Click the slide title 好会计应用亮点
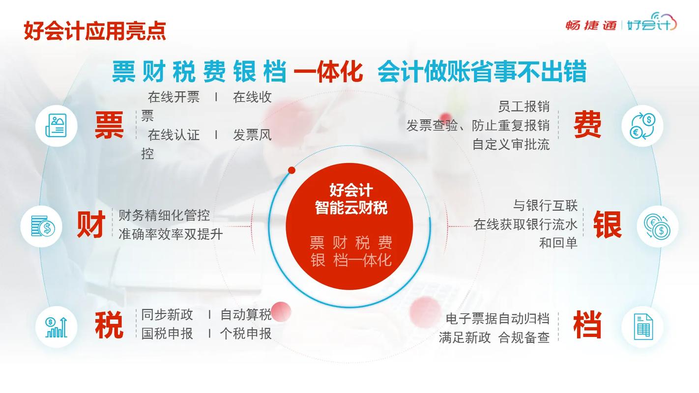click(94, 31)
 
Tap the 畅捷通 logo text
click(591, 25)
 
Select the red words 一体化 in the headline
click(328, 72)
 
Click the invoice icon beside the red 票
click(56, 126)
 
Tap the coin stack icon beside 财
click(43, 226)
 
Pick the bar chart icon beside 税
click(56, 327)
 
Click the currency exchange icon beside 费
click(642, 126)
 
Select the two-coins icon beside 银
click(657, 226)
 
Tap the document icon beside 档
click(643, 327)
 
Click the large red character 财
click(91, 225)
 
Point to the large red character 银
click(607, 225)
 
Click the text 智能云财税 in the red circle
click(351, 208)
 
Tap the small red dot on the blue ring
click(292, 170)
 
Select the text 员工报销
click(524, 107)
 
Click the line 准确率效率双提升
click(171, 234)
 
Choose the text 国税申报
click(167, 334)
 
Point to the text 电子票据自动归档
click(498, 319)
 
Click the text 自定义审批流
click(511, 145)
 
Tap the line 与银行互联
click(546, 205)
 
